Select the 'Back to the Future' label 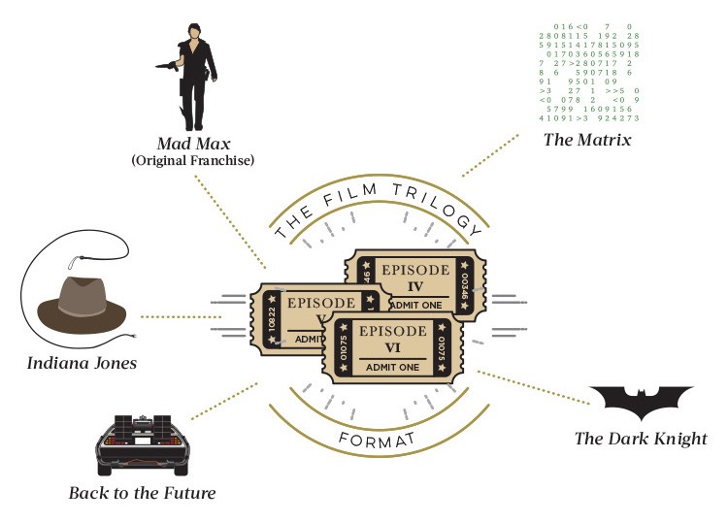click(x=142, y=493)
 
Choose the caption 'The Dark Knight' click(x=641, y=439)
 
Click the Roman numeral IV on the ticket click(x=414, y=286)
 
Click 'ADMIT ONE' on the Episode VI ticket click(x=393, y=367)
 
